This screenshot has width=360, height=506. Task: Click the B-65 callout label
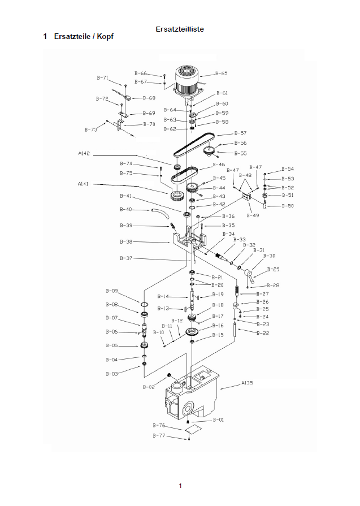pyautogui.click(x=221, y=73)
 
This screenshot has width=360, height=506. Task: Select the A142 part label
pyautogui.click(x=85, y=153)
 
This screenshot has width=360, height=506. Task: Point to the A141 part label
pyautogui.click(x=83, y=184)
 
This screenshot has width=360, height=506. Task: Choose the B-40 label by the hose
pyautogui.click(x=125, y=209)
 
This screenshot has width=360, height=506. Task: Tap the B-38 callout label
pyautogui.click(x=125, y=241)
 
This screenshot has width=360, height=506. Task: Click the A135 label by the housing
pyautogui.click(x=247, y=383)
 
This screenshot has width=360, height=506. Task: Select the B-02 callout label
pyautogui.click(x=148, y=387)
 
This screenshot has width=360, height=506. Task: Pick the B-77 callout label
pyautogui.click(x=159, y=436)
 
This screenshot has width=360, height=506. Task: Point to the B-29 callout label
pyautogui.click(x=272, y=269)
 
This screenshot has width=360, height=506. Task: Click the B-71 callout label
pyautogui.click(x=102, y=77)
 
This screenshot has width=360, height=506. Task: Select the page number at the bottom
pyautogui.click(x=180, y=486)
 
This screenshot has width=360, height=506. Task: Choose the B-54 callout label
pyautogui.click(x=287, y=169)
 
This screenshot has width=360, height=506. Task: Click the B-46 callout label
pyautogui.click(x=218, y=165)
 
